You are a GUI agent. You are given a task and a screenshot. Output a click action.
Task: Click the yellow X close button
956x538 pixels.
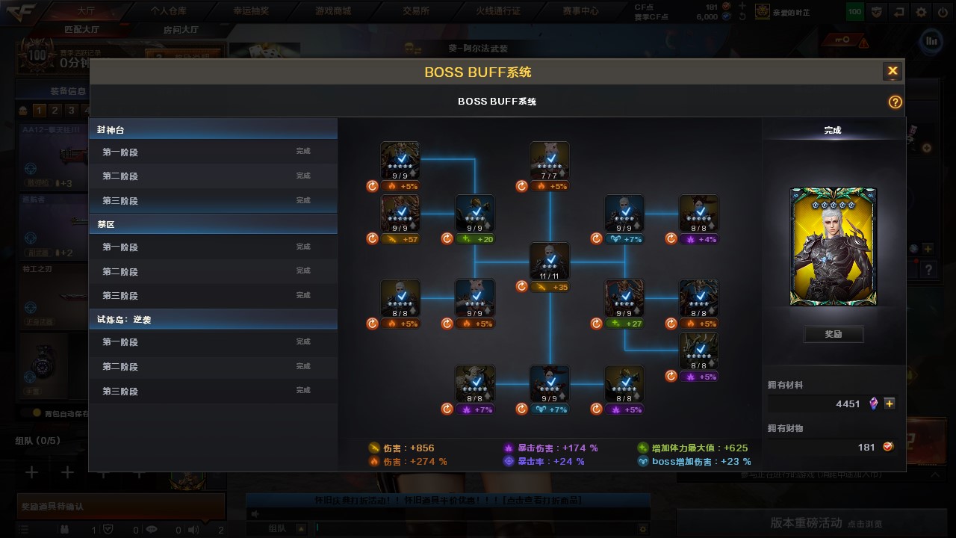(x=892, y=72)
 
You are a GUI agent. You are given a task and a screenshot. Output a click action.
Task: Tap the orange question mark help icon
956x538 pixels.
(x=895, y=102)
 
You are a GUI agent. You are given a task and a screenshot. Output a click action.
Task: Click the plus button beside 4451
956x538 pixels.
(x=890, y=403)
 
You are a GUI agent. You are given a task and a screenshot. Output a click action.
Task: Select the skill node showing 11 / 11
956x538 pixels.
(x=550, y=262)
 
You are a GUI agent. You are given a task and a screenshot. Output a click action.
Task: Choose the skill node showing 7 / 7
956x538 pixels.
(x=550, y=161)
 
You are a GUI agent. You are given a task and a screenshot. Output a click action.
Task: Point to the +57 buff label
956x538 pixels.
(x=400, y=239)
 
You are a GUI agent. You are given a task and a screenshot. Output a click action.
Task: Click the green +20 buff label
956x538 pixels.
(x=475, y=239)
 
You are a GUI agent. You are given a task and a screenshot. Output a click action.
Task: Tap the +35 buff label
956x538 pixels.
(x=550, y=287)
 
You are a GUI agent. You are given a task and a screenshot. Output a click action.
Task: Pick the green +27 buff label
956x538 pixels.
(x=624, y=324)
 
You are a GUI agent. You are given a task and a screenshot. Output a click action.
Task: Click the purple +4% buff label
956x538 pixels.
(x=699, y=239)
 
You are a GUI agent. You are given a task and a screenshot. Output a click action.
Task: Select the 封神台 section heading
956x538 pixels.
(x=111, y=130)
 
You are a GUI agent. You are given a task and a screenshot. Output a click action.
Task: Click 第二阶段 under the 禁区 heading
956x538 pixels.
(x=120, y=272)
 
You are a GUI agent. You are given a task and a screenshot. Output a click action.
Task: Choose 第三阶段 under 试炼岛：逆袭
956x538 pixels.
(x=120, y=392)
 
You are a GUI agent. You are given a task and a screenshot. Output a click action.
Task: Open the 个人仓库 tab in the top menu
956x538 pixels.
(x=168, y=11)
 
